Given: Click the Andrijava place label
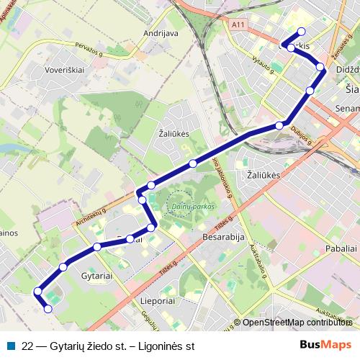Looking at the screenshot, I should [161, 33].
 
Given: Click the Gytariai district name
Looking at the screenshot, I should [96, 276].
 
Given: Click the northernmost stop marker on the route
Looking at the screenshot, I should [302, 31].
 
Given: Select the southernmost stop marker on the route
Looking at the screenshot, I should [48, 309].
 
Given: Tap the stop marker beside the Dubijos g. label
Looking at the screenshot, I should [279, 126].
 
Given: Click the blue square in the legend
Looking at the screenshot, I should [11, 345].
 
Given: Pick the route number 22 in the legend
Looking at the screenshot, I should [28, 345].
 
